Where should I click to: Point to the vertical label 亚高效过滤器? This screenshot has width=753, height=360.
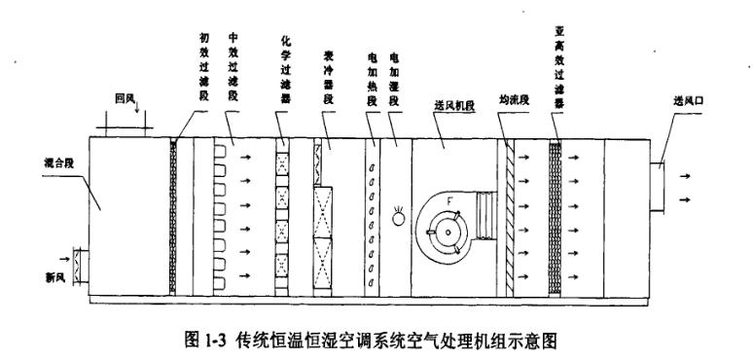tap(557, 54)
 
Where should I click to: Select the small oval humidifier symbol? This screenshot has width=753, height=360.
tap(399, 219)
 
